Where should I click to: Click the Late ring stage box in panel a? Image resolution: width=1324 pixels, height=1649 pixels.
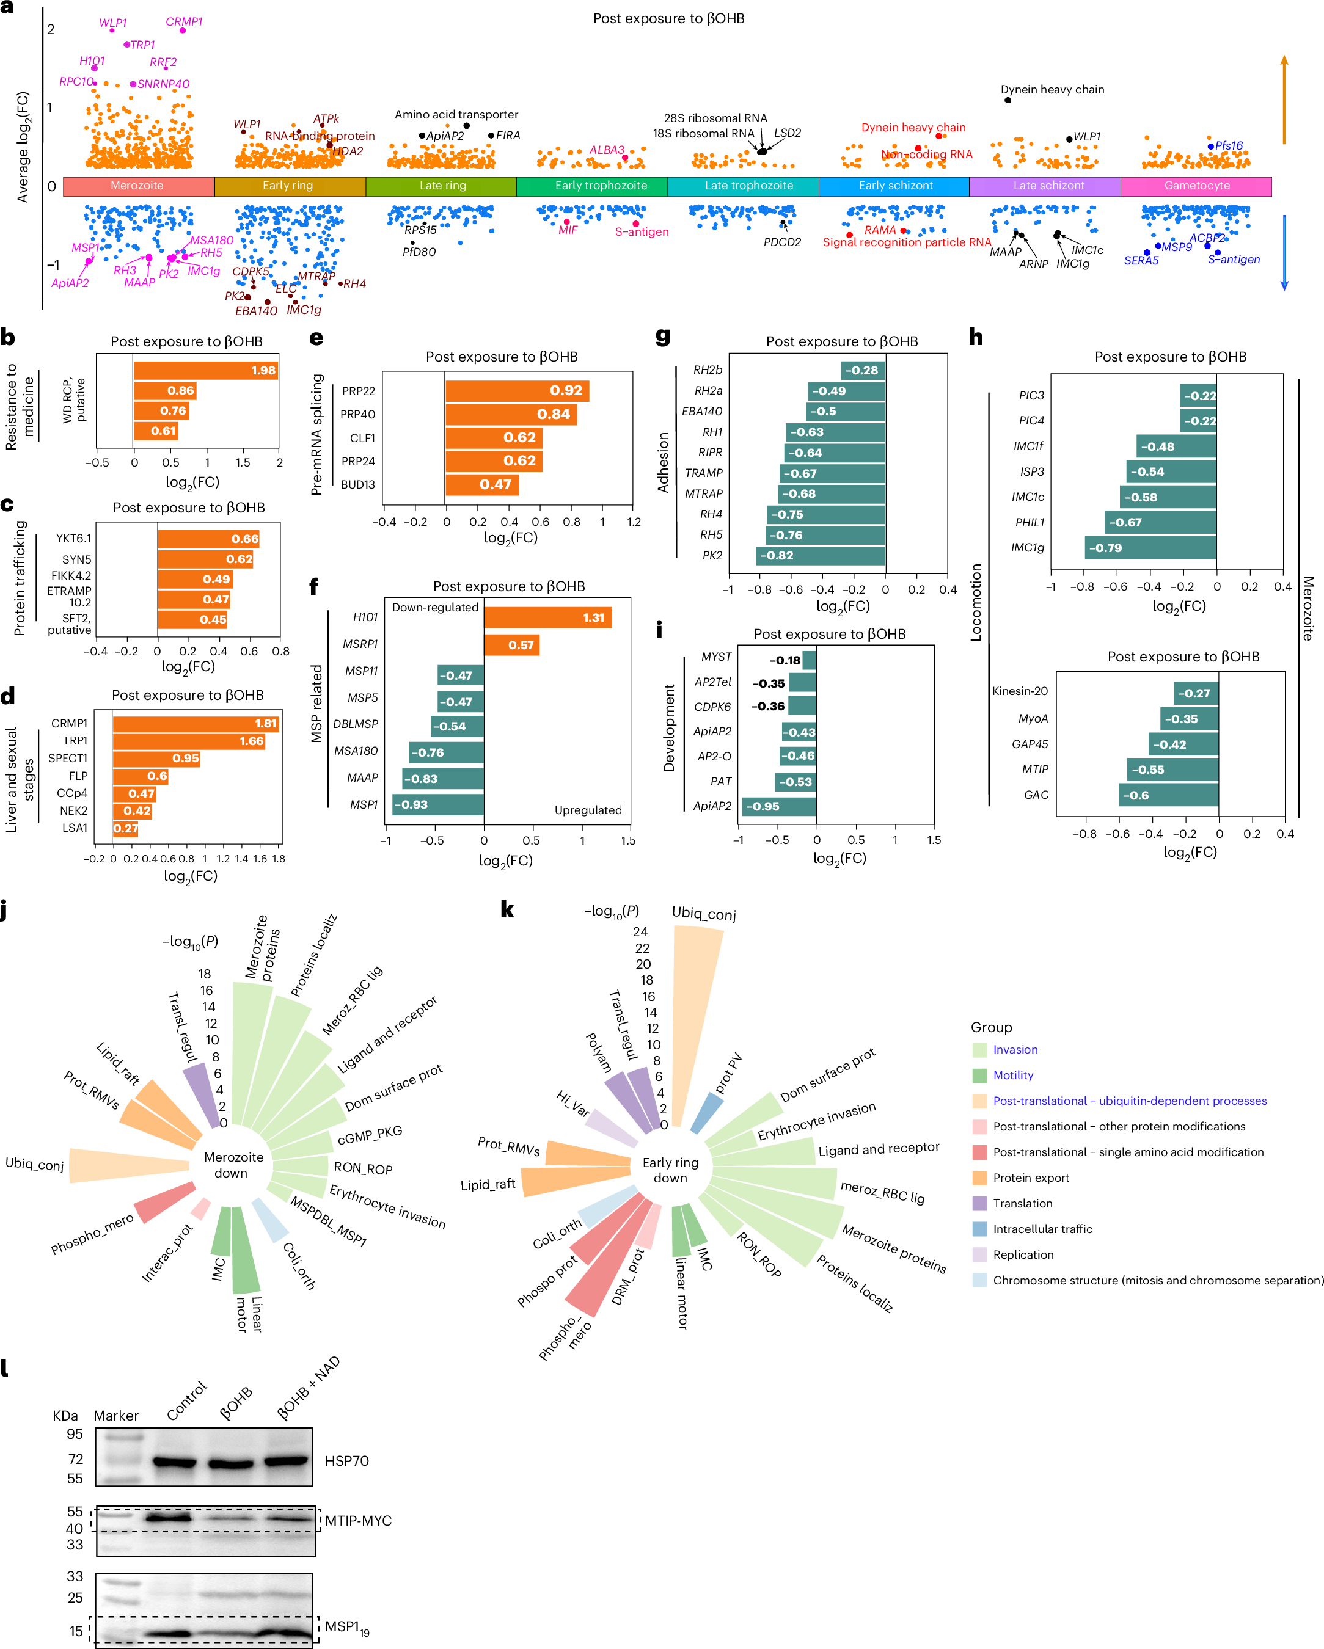(442, 186)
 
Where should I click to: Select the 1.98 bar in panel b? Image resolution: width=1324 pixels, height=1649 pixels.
(205, 371)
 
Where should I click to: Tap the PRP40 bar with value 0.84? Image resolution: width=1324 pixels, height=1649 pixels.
(510, 415)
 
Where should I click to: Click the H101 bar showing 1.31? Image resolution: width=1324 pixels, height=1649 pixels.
(547, 618)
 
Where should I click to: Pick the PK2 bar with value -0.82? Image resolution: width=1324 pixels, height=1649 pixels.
(820, 556)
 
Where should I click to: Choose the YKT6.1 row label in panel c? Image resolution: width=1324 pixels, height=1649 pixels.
(73, 539)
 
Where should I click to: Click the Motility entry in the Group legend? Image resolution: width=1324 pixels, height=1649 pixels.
(1012, 1076)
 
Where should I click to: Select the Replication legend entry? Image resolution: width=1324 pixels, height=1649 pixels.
(1022, 1254)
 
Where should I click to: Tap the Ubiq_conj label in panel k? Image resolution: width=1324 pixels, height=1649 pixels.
(703, 913)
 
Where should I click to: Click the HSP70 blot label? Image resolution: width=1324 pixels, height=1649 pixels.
(346, 1461)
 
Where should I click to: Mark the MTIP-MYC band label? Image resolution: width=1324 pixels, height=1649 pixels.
(357, 1521)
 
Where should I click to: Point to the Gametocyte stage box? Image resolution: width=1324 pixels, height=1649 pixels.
(1196, 186)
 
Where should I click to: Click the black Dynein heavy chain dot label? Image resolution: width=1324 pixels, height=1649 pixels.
(1052, 90)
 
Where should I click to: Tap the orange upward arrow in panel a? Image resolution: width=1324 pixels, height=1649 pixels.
(1284, 100)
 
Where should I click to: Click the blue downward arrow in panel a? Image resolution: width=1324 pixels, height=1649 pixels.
(1284, 252)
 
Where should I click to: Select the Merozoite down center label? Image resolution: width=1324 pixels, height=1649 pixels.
(233, 1165)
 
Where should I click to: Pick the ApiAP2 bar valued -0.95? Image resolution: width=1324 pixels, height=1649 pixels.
(778, 807)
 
